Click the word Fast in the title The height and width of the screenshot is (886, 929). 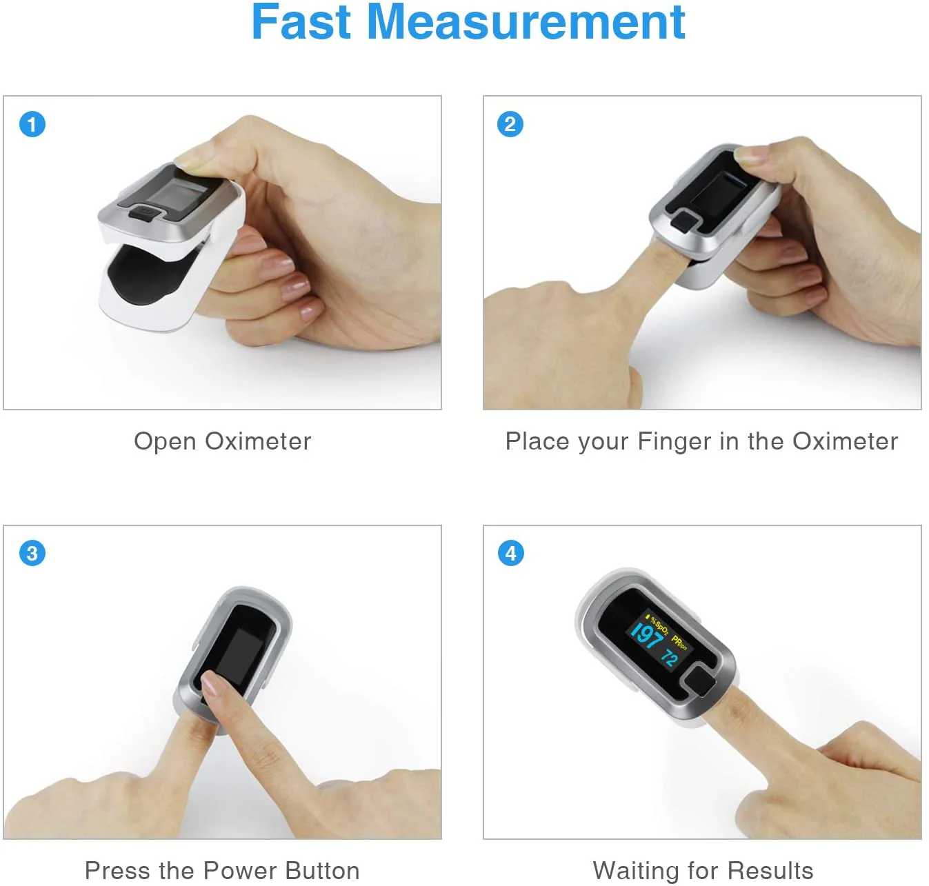(x=301, y=22)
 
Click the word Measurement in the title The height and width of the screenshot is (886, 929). (x=526, y=22)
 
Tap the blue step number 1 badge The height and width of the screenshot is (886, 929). (x=32, y=124)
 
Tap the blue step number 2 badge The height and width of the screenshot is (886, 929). (x=510, y=124)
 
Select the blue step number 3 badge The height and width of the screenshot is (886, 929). (x=32, y=554)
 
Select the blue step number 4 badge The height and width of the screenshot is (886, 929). (x=511, y=554)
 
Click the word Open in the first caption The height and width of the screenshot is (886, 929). (x=165, y=442)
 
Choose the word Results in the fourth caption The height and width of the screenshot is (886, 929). (x=770, y=870)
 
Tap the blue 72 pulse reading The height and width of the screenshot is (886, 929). (x=670, y=658)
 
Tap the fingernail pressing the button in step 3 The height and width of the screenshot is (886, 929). (x=210, y=684)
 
